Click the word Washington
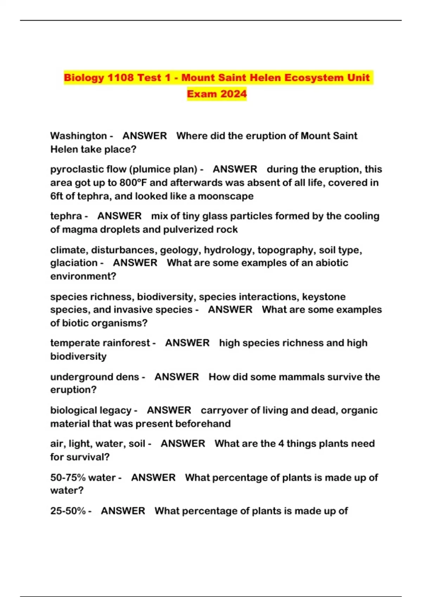tap(78, 136)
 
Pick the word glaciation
tap(74, 263)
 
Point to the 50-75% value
tap(68, 478)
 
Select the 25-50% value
tap(68, 511)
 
